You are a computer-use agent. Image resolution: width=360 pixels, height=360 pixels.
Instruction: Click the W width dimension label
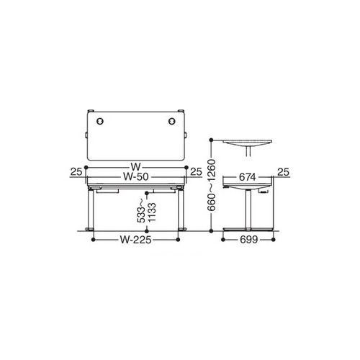click(x=136, y=166)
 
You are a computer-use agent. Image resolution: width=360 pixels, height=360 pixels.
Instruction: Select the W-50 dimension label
click(x=136, y=177)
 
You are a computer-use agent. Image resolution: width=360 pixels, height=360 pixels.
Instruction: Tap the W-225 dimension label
click(x=136, y=240)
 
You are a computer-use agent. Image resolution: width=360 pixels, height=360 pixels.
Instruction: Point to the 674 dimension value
click(x=248, y=177)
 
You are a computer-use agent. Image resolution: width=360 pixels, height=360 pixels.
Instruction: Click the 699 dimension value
click(x=249, y=240)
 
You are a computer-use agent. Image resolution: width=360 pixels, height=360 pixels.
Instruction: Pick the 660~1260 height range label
click(x=212, y=185)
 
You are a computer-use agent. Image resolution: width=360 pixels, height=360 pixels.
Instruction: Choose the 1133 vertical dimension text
click(x=152, y=212)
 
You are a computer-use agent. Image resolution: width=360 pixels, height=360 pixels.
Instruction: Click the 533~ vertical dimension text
click(x=141, y=210)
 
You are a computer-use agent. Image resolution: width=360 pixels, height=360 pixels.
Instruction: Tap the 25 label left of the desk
click(x=76, y=172)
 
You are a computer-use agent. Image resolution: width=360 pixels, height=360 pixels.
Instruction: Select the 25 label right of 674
click(x=284, y=172)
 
